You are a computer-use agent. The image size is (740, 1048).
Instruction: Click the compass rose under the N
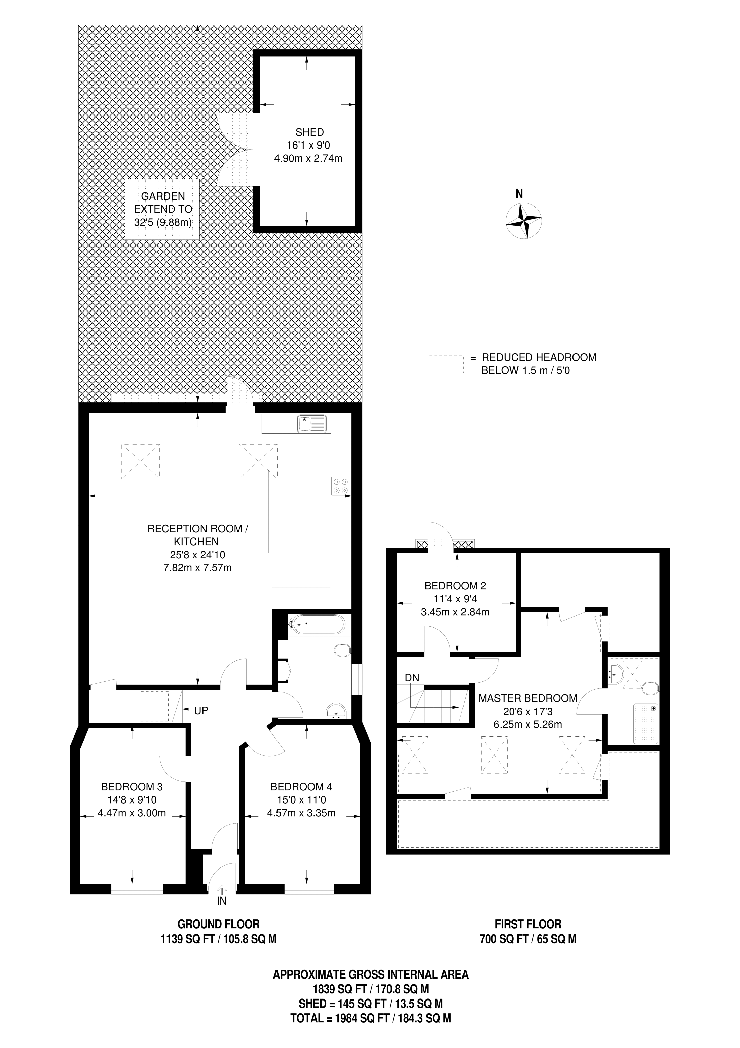click(524, 221)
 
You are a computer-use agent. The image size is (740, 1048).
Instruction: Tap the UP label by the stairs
click(201, 710)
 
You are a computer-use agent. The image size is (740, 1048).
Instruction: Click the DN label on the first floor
click(412, 678)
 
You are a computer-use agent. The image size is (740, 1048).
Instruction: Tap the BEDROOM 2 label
click(455, 586)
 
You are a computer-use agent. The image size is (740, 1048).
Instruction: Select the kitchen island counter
click(284, 511)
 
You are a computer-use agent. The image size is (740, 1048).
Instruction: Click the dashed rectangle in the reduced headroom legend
click(445, 365)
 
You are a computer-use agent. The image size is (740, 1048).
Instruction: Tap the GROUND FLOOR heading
click(218, 924)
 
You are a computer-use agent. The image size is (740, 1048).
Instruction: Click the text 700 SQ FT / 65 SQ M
click(528, 939)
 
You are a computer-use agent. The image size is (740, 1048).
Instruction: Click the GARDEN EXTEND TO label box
click(163, 209)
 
